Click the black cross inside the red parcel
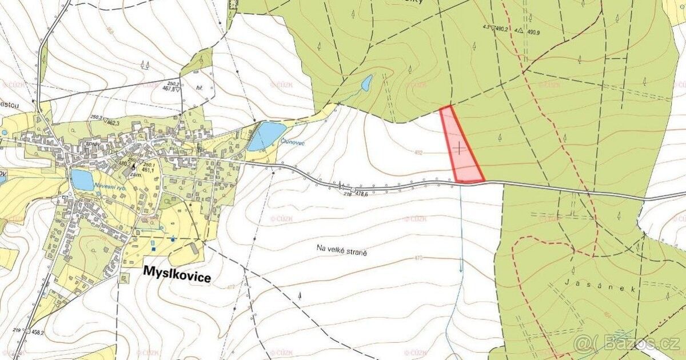click(459, 148)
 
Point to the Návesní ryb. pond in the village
click(82, 180)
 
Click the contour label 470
click(417, 258)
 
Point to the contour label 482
click(418, 153)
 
